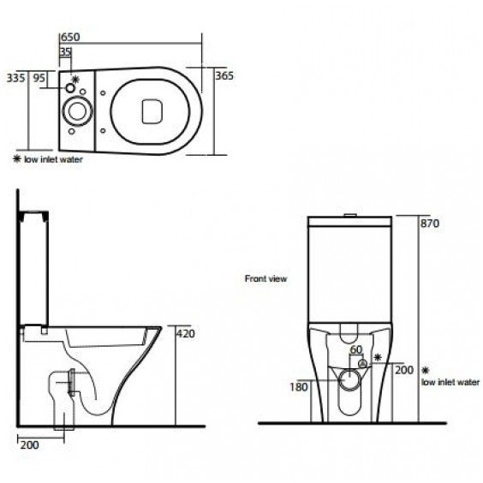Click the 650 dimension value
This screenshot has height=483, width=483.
pos(70,37)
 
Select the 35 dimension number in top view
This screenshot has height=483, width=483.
pos(66,51)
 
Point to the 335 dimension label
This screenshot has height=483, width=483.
pos(15,78)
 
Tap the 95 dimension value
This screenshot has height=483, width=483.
pos(39,78)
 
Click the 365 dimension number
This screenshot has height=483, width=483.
pos(224,75)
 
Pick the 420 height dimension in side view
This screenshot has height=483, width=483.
pos(186,334)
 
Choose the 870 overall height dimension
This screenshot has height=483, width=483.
pos(430,223)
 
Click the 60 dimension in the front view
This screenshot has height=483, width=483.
pos(356,349)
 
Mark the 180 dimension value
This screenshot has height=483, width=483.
pos(299,387)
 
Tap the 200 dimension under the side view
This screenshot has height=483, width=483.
pos(30,444)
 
